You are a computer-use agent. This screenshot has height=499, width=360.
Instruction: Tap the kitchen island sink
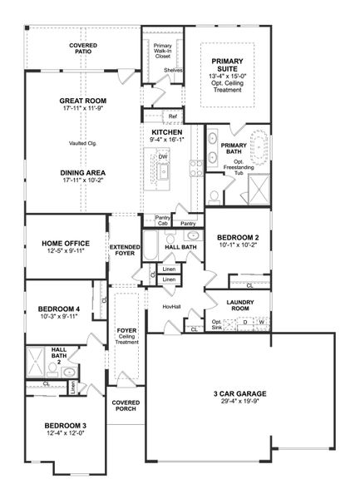tap(164, 171)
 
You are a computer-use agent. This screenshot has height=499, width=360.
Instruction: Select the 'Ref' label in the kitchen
tap(172, 116)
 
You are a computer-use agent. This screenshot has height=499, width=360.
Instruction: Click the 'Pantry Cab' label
tap(163, 220)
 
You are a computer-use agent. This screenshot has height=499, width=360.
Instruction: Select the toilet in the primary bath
tap(214, 196)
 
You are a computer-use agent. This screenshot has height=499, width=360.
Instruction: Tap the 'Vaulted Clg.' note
tap(82, 143)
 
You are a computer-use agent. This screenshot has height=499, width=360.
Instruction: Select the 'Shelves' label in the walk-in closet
tap(173, 71)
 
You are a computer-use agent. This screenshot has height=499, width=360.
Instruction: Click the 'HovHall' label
tap(171, 307)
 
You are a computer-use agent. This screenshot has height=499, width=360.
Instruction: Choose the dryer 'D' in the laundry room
tap(245, 321)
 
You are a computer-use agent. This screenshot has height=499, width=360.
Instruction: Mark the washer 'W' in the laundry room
tap(261, 321)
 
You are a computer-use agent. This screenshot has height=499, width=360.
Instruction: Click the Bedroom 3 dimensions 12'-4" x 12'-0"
tap(65, 435)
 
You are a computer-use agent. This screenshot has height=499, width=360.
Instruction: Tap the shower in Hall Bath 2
tap(37, 363)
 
